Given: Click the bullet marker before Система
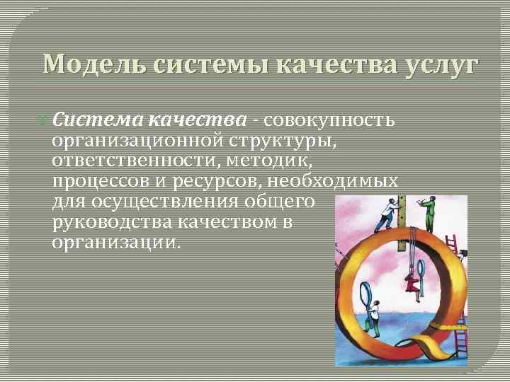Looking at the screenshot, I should pos(46,118).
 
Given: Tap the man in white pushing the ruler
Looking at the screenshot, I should pos(385,213).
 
